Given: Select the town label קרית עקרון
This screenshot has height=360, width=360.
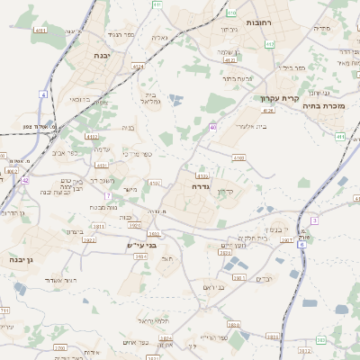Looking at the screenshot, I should (280, 97).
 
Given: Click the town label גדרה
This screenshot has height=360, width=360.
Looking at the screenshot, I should (200, 187).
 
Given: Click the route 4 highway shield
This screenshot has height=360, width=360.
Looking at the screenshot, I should (42, 94).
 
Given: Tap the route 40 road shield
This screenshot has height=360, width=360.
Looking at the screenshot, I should (212, 128).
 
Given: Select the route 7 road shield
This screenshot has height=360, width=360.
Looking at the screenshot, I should (107, 195).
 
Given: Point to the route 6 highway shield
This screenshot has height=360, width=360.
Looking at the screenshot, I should (301, 244).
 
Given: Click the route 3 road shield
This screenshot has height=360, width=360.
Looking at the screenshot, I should (314, 220).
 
